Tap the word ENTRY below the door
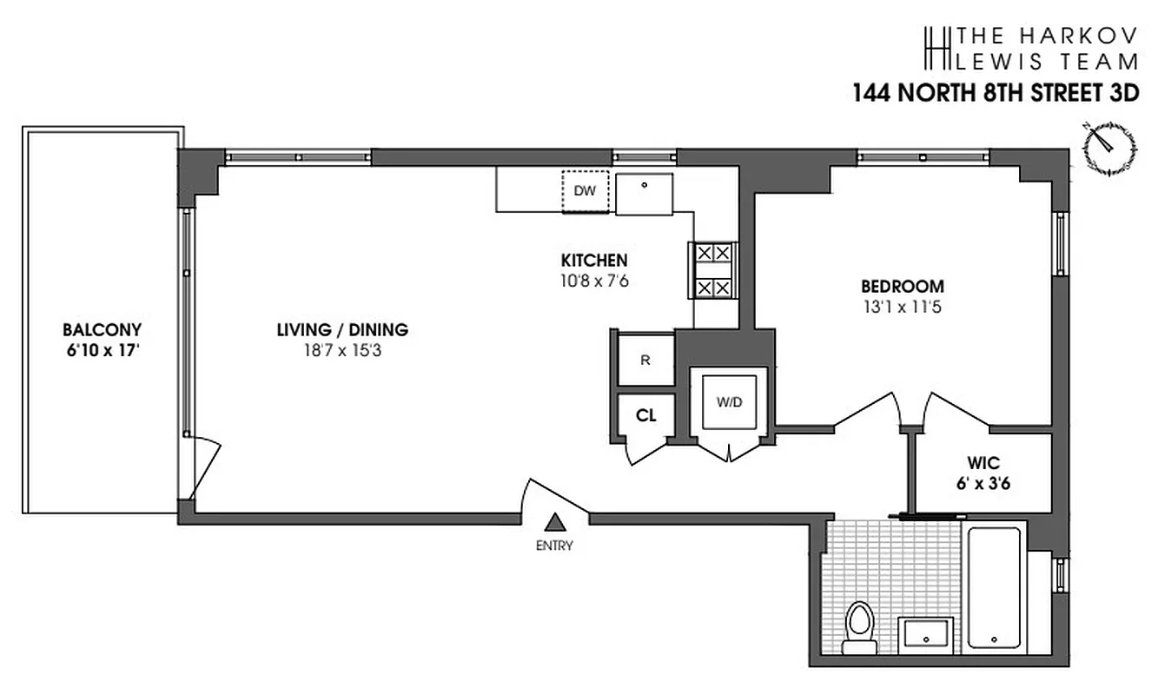click(x=555, y=546)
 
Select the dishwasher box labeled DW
click(x=585, y=192)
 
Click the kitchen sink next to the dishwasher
click(x=645, y=194)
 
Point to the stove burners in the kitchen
click(x=713, y=270)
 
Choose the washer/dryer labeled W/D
click(x=728, y=401)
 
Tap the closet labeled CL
click(x=645, y=415)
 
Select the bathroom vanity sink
click(x=925, y=632)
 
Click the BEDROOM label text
click(x=902, y=286)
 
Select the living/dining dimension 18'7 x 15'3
click(x=342, y=350)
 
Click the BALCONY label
click(x=102, y=330)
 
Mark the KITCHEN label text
click(x=594, y=260)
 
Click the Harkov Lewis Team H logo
click(x=935, y=48)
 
